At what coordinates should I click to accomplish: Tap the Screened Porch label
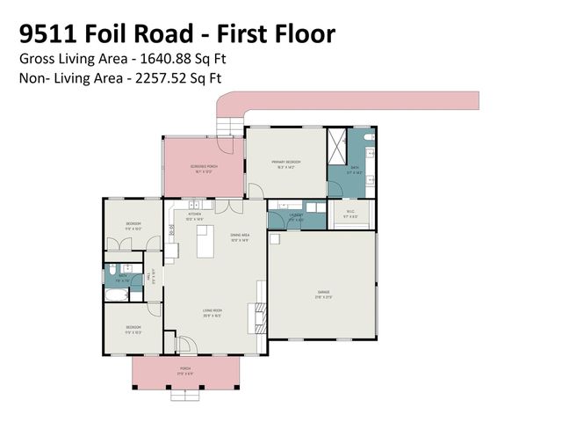coord(202,166)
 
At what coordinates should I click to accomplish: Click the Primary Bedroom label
coord(285,163)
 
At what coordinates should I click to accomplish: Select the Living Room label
coord(212,310)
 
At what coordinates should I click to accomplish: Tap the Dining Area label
coord(240,236)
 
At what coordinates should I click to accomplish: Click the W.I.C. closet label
coord(351,211)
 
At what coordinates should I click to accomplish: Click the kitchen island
coord(205,243)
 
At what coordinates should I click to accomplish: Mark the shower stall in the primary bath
coord(336,142)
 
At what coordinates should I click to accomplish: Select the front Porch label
coord(184,368)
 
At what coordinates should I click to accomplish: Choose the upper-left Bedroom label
coord(133,224)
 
